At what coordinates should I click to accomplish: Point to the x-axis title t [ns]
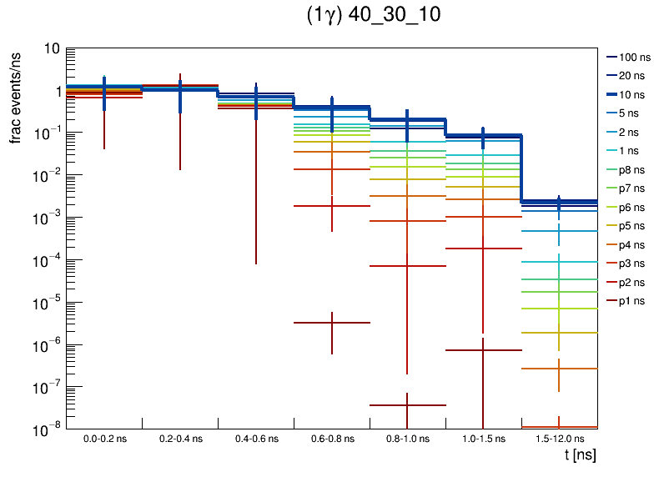click(579, 455)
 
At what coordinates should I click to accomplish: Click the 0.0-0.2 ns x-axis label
click(103, 439)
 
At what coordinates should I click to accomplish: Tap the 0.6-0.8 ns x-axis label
click(331, 439)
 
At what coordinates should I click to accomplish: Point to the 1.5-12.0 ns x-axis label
click(559, 439)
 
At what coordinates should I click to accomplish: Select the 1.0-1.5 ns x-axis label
click(483, 439)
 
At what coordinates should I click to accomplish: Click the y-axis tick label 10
click(51, 49)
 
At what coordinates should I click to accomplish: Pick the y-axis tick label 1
click(55, 91)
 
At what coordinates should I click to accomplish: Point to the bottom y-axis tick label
click(47, 429)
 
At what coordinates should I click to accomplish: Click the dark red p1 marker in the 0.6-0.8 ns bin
click(332, 322)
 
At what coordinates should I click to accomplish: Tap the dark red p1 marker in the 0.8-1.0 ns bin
click(407, 404)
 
